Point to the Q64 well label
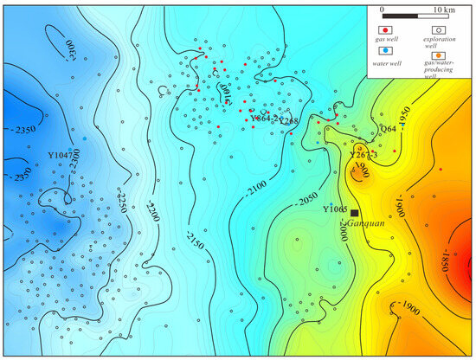pos(388,129)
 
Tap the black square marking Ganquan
pos(354,213)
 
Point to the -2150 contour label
pos(192,236)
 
